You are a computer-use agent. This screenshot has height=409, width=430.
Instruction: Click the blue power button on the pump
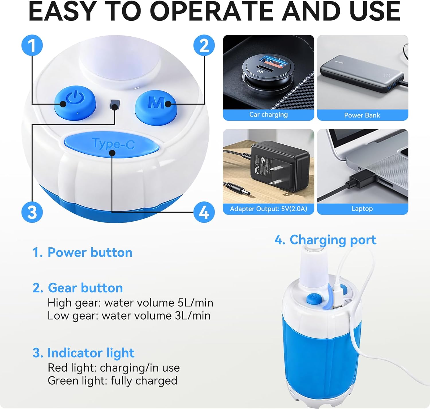75,103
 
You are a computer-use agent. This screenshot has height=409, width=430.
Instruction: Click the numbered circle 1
32,46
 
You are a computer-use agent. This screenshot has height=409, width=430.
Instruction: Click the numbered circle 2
204,46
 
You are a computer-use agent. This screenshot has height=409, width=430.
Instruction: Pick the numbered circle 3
32,212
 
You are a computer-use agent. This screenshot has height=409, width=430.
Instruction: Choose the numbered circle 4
204,212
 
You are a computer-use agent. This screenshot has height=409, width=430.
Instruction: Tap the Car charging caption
268,115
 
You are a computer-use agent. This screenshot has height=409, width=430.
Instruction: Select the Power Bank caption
362,115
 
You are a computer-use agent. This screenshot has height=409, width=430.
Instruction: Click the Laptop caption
362,209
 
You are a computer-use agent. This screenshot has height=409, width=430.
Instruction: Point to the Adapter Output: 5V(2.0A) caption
268,209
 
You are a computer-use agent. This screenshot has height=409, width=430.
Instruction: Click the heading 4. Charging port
325,240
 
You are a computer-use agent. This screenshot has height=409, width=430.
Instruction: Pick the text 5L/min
195,303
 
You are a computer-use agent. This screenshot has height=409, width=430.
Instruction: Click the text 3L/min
192,316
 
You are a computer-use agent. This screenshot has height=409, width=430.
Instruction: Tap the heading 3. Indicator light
83,353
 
